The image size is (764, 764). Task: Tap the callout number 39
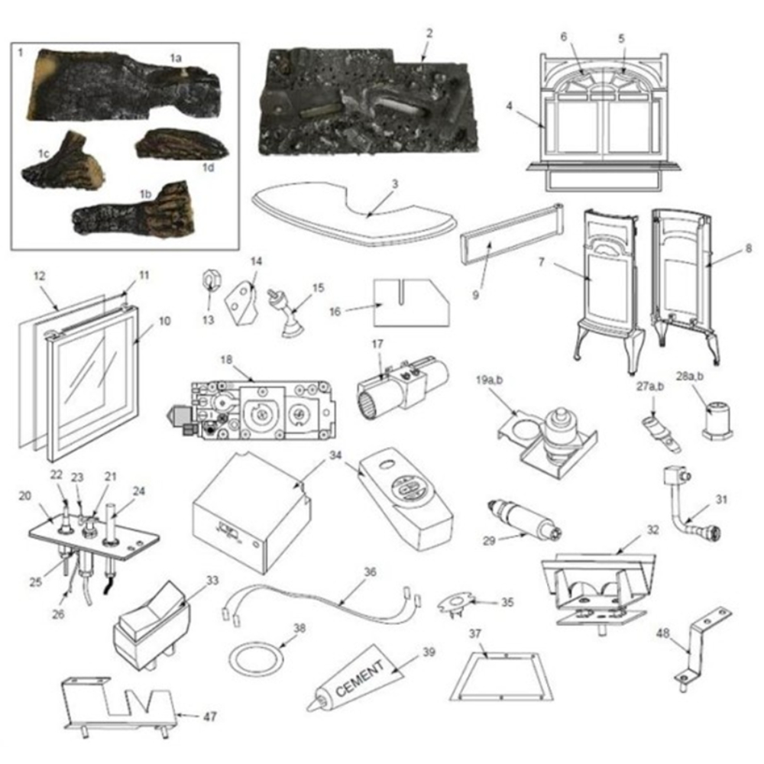click(x=429, y=652)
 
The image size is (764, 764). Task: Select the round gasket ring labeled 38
click(x=255, y=656)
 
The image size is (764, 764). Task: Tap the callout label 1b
click(x=145, y=194)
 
